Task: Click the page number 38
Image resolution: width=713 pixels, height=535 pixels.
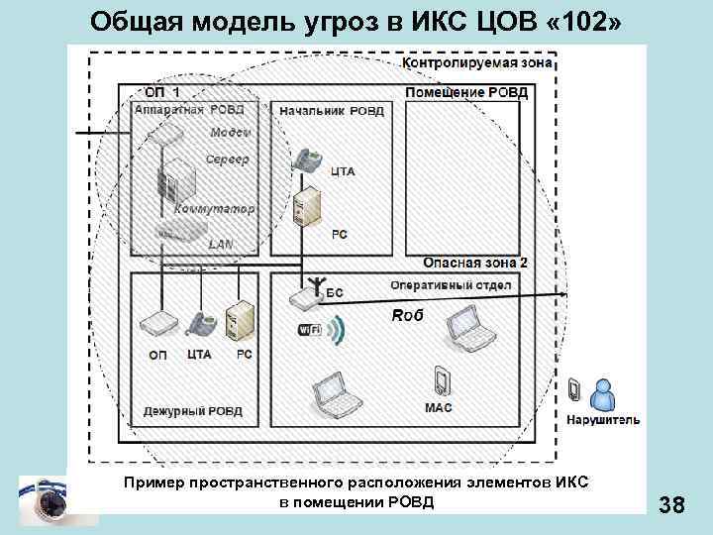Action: pos(671,506)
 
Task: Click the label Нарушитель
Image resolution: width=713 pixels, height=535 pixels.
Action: pos(603,420)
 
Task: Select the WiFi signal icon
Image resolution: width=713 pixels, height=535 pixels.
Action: pos(318,330)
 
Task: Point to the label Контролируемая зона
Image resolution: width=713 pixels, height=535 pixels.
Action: pos(477,62)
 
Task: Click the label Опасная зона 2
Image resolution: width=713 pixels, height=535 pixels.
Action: pos(475,262)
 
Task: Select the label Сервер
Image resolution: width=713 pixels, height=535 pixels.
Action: pos(227,160)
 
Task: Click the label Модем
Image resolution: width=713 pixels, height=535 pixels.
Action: pos(230,133)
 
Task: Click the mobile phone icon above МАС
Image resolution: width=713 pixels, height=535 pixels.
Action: pos(441,381)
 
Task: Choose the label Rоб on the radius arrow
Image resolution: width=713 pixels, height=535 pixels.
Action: pos(407,315)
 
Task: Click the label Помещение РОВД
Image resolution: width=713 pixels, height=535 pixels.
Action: pos(466,93)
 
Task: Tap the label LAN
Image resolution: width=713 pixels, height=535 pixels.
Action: pos(219,243)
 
